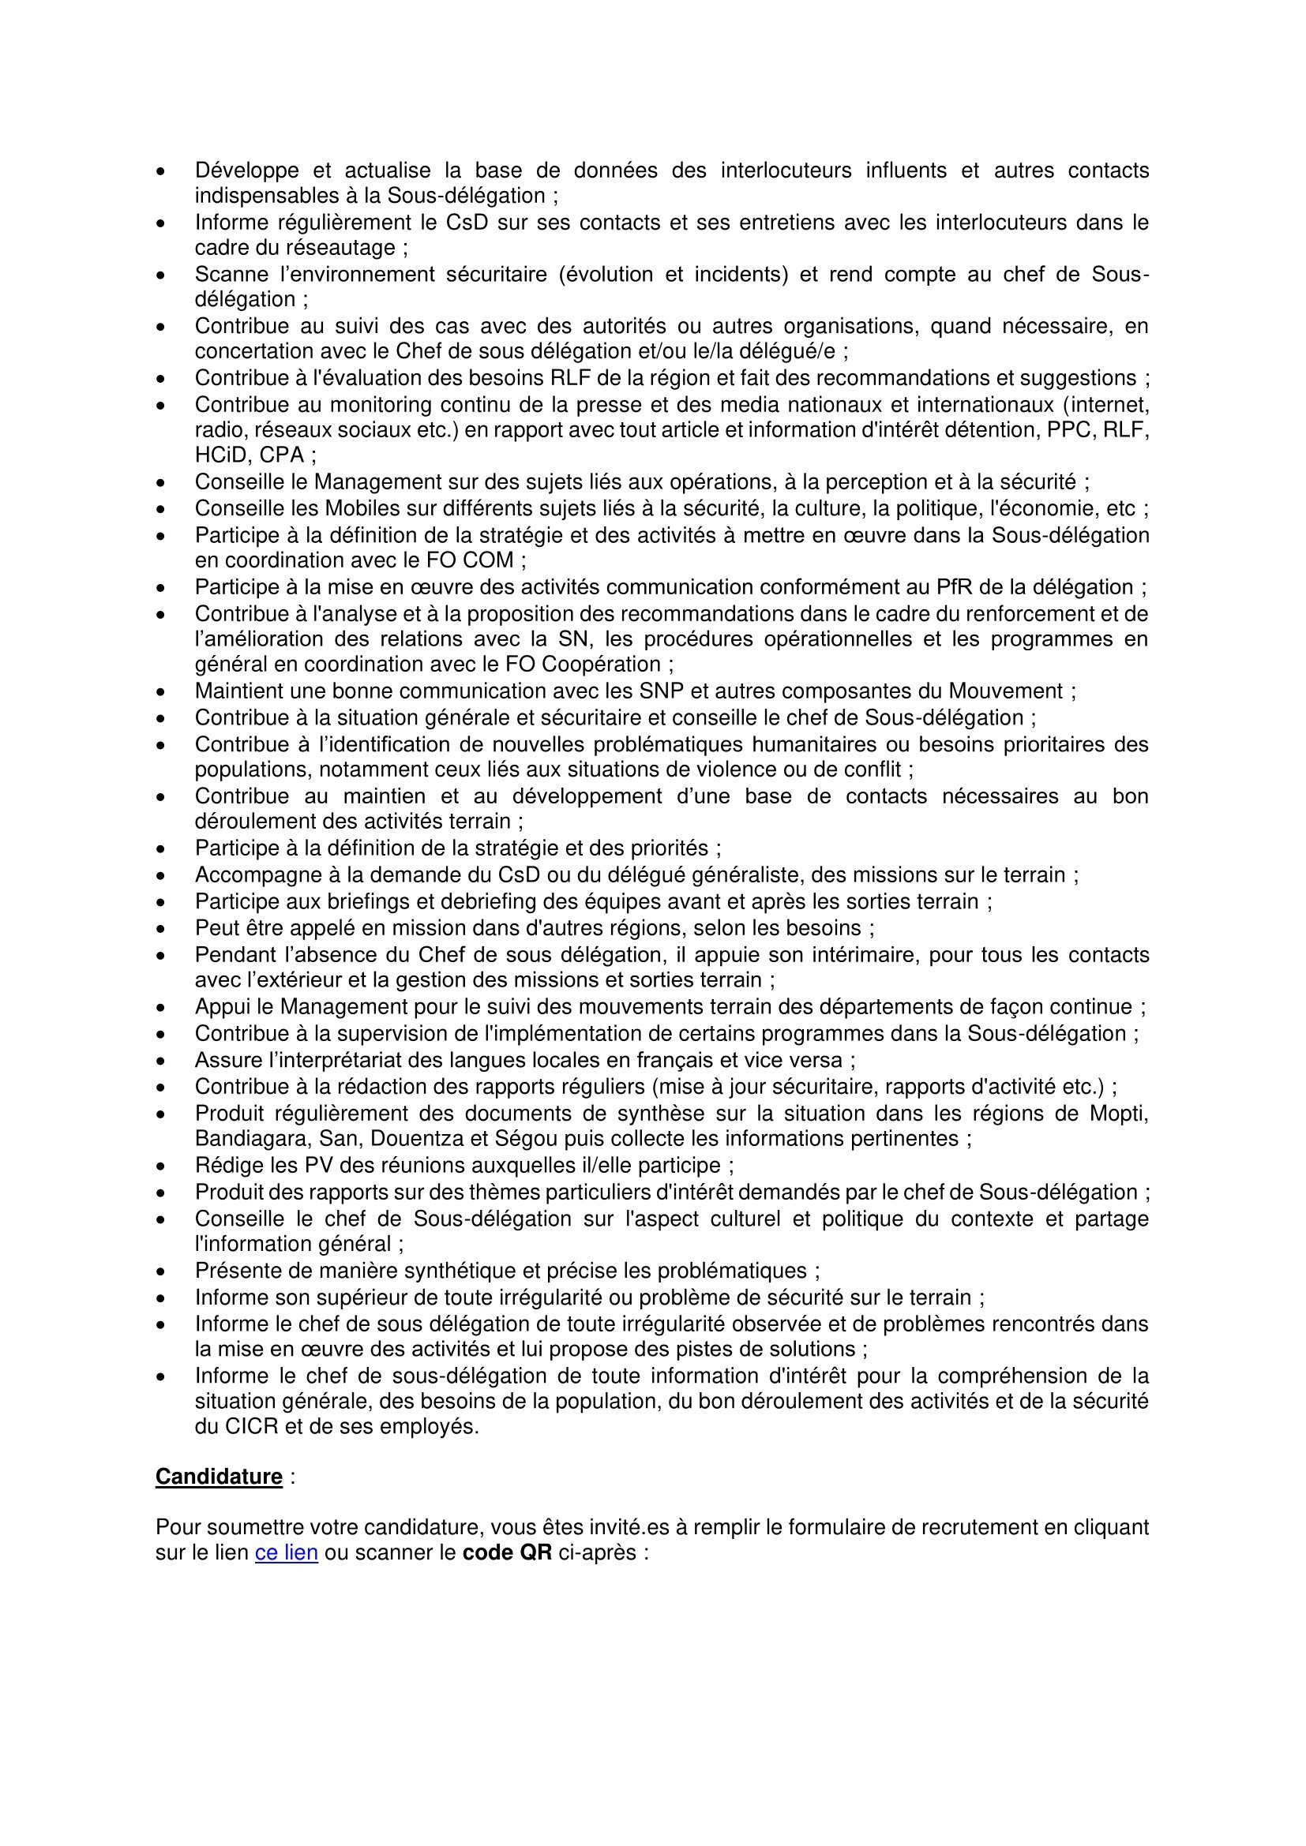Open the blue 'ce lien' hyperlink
287,1552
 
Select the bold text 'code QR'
508,1552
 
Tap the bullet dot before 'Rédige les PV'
162,1166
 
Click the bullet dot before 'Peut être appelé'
162,929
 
